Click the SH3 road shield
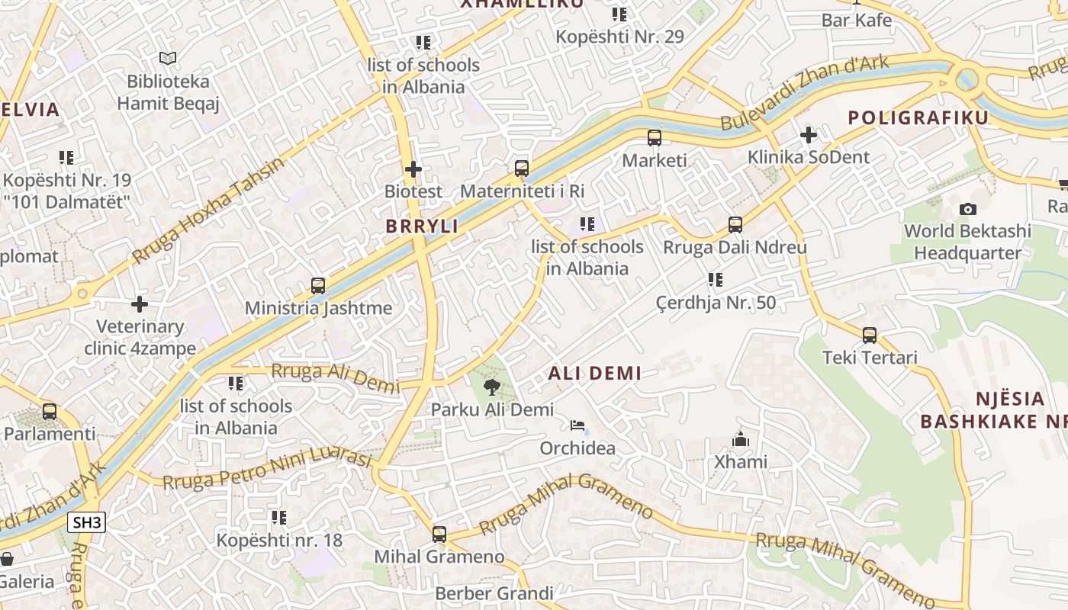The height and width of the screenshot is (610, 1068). pos(86,522)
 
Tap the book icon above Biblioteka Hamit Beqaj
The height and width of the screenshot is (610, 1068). pos(168,58)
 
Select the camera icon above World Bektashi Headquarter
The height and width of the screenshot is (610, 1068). pos(967,209)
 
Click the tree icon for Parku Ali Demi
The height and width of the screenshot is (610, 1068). pos(492,387)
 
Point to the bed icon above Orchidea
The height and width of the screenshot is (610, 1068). pos(577,425)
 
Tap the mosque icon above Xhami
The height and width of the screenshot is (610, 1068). pos(740,439)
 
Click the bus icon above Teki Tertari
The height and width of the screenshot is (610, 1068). pos(869,335)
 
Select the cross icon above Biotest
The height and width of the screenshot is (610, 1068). pos(413,169)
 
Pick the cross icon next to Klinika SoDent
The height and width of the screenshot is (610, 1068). pos(808,135)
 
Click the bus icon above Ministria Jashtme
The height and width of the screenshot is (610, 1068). pos(318,286)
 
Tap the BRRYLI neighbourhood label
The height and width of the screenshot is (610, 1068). pos(422,226)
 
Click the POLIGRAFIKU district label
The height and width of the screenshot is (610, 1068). pos(918,117)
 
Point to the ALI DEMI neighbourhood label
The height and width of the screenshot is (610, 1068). pos(594,373)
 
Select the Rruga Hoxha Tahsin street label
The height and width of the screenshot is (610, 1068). pos(207,210)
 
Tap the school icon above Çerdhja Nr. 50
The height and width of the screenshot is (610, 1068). pos(715,280)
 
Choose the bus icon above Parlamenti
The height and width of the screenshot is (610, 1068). pos(50,411)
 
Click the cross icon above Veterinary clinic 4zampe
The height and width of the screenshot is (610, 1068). pos(139,304)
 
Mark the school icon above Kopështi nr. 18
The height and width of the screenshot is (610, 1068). pos(279,518)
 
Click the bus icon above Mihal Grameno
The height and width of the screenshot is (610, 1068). pos(439,534)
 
